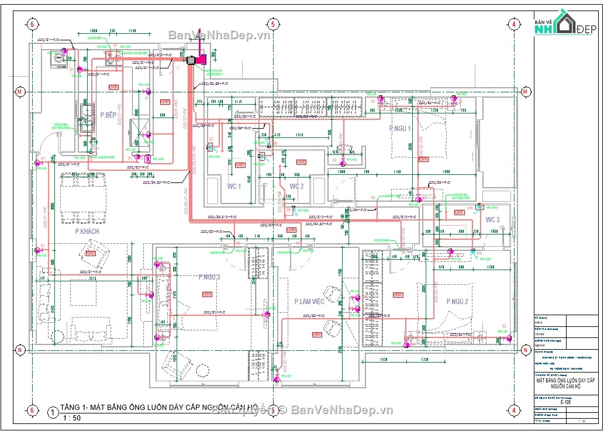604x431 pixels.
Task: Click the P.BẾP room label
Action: pyautogui.click(x=109, y=115)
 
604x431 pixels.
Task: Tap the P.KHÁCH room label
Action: pyautogui.click(x=87, y=232)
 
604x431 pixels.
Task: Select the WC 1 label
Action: pyautogui.click(x=234, y=187)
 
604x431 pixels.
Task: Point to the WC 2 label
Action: pyautogui.click(x=296, y=187)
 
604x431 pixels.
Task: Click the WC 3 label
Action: pyautogui.click(x=492, y=220)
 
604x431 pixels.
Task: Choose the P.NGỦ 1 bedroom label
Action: pyautogui.click(x=400, y=128)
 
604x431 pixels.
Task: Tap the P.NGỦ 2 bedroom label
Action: pyautogui.click(x=457, y=302)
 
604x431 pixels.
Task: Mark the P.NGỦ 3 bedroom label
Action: pyautogui.click(x=209, y=277)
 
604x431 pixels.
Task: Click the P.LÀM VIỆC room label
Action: pyautogui.click(x=309, y=302)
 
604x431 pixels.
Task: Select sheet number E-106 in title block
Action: pyautogui.click(x=565, y=402)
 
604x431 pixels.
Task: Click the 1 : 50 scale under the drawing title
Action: pyautogui.click(x=73, y=418)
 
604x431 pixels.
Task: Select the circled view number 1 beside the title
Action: pyautogui.click(x=53, y=413)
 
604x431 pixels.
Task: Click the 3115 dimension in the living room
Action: pyautogui.click(x=88, y=278)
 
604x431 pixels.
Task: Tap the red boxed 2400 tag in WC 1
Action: pyautogui.click(x=240, y=165)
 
